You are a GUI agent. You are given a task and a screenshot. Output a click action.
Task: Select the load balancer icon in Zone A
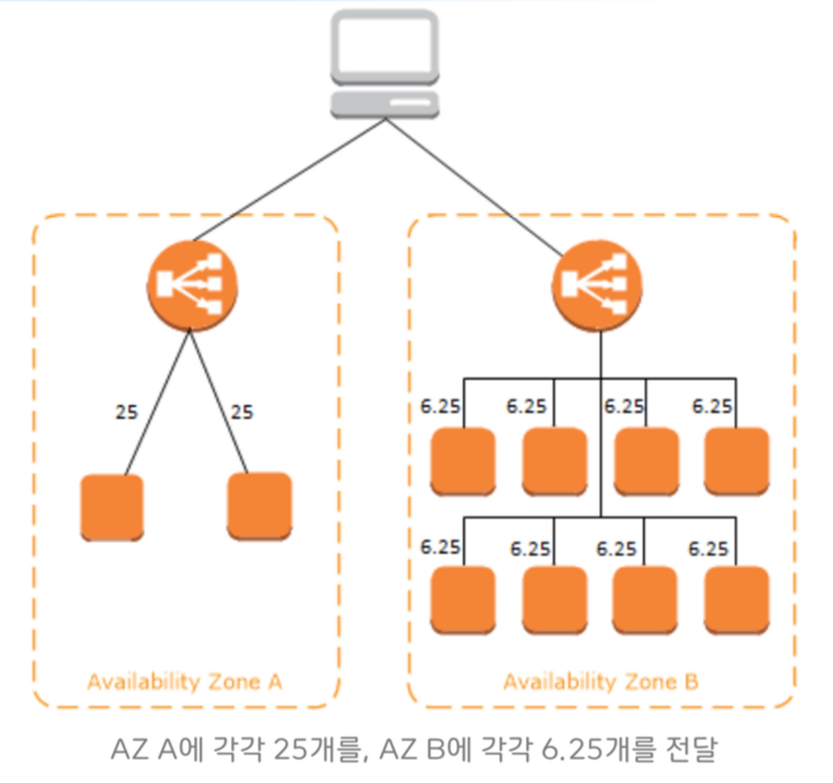pos(192,285)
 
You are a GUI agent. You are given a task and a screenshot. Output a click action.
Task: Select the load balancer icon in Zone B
pos(597,285)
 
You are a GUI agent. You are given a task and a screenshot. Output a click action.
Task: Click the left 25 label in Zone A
pos(127,412)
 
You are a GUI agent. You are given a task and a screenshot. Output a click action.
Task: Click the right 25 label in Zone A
pos(242,412)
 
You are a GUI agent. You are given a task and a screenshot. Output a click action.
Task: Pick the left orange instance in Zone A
pos(112,507)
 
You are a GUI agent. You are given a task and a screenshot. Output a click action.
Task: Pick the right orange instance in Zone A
pos(260,506)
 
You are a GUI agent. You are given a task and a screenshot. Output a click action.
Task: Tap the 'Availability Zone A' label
pos(185,681)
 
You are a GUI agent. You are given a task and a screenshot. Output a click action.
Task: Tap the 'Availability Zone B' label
pos(601,681)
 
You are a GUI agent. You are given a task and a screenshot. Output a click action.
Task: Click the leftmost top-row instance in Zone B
pos(463,461)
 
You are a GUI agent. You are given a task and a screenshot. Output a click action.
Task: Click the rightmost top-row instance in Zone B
pos(737,461)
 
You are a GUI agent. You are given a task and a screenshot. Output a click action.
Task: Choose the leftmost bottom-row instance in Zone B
pos(463,599)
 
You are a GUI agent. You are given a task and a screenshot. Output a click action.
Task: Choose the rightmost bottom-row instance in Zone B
pos(737,599)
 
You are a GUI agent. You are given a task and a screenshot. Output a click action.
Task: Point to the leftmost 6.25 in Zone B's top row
pos(440,406)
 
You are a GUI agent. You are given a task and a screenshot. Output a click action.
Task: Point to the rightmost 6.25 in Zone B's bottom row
pos(708,549)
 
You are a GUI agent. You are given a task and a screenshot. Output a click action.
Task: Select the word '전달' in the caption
pos(691,749)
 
